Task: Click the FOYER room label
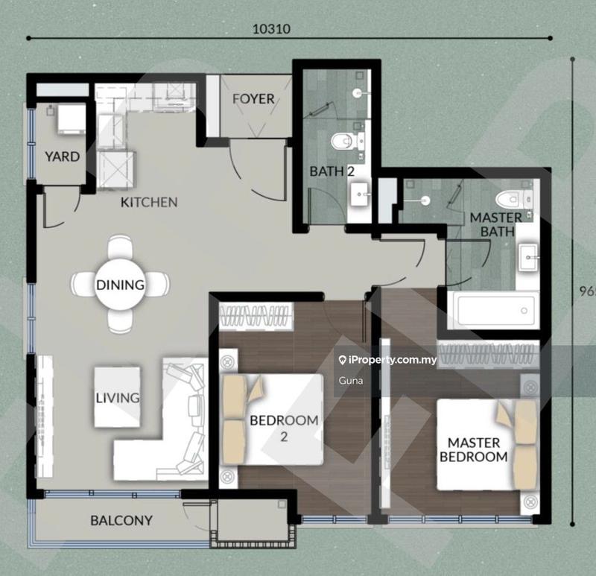[x=253, y=98]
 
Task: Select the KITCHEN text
[x=150, y=202]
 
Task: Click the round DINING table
[x=119, y=284]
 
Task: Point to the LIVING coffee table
[x=118, y=396]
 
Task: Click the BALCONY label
[x=121, y=520]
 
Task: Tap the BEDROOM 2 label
[x=284, y=428]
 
